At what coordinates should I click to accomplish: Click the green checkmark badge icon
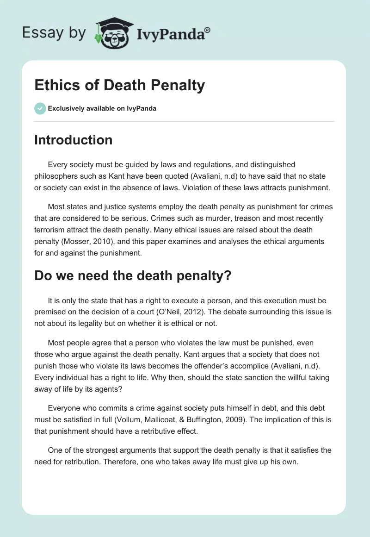pyautogui.click(x=40, y=108)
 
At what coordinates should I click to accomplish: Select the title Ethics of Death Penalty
pyautogui.click(x=119, y=85)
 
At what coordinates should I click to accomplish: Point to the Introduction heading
pyautogui.click(x=73, y=140)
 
